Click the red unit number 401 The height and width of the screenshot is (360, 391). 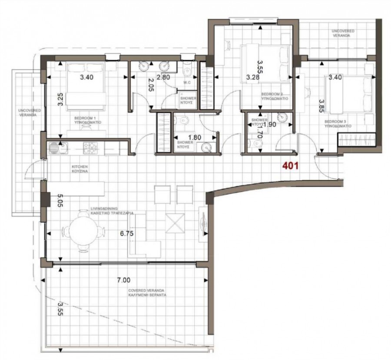[290, 165]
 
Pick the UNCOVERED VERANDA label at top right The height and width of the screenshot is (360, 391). [343, 34]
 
